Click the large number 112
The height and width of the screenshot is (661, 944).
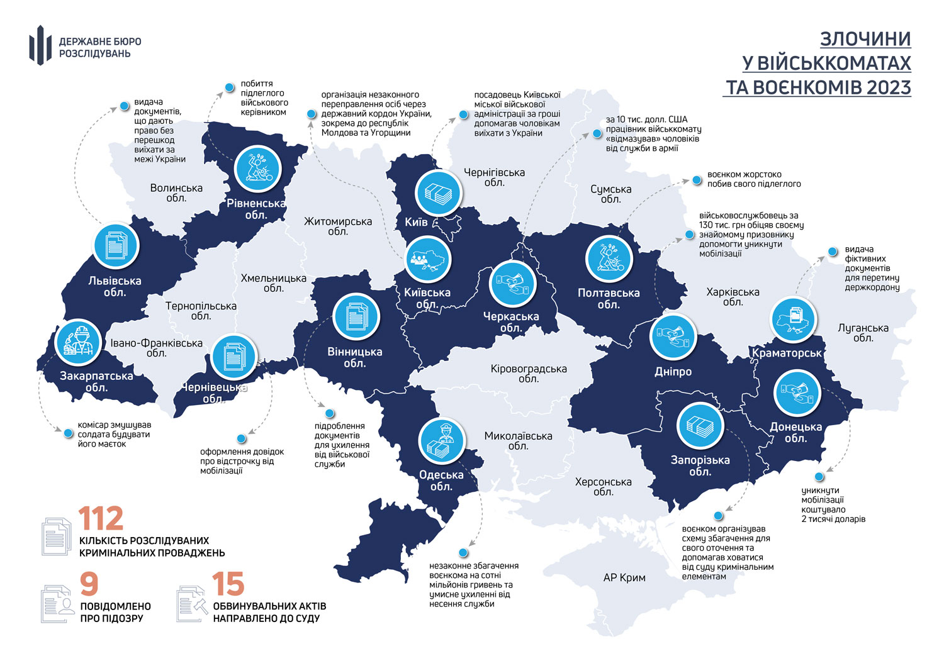pyautogui.click(x=101, y=519)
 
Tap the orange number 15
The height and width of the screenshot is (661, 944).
pyautogui.click(x=228, y=584)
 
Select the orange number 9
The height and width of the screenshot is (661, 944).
pyautogui.click(x=89, y=584)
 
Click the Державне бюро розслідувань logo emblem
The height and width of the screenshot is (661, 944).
pyautogui.click(x=40, y=45)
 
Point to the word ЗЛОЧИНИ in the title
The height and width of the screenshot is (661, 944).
pyautogui.click(x=865, y=39)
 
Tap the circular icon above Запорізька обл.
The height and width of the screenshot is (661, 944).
pyautogui.click(x=699, y=426)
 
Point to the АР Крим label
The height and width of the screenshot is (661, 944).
pyautogui.click(x=624, y=577)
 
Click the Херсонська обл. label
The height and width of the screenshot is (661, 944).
pyautogui.click(x=603, y=487)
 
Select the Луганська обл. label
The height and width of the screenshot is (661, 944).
pyautogui.click(x=863, y=333)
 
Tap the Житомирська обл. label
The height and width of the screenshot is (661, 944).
pyautogui.click(x=338, y=226)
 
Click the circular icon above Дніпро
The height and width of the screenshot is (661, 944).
pyautogui.click(x=673, y=336)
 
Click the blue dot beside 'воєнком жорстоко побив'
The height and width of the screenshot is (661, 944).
pyautogui.click(x=697, y=181)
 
